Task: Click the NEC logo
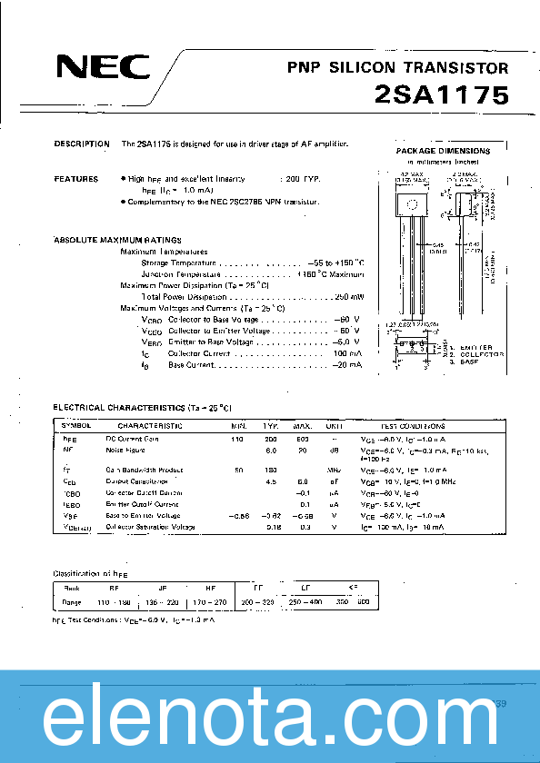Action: (99, 68)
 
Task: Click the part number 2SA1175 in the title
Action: (441, 94)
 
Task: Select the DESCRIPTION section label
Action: (82, 144)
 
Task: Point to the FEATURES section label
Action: (76, 179)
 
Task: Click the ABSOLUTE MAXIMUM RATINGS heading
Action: (114, 239)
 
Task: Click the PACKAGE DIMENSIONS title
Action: (443, 151)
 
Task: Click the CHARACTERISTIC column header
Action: (150, 425)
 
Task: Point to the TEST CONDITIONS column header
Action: (412, 425)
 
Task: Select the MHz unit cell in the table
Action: (334, 471)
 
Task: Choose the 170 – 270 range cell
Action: (209, 601)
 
